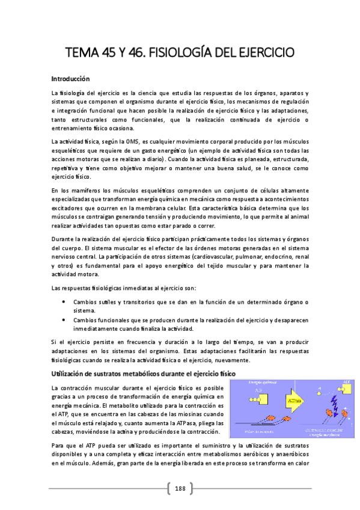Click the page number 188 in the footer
(180, 488)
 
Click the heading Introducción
(70, 79)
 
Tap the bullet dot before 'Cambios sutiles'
(64, 302)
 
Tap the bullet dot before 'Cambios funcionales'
(64, 321)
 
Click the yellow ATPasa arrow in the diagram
(293, 399)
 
